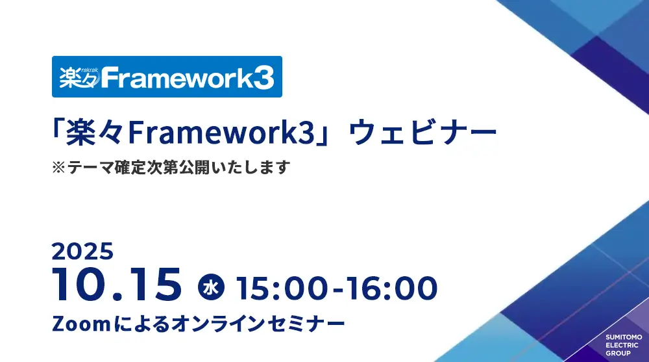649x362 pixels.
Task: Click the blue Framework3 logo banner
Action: pos(167,77)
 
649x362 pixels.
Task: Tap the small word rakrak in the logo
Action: pos(90,70)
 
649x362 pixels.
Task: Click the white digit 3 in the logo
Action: pos(263,78)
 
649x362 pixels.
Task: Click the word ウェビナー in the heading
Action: pos(422,133)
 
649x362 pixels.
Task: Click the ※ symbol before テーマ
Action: pos(58,168)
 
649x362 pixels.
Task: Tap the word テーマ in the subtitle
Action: pos(90,168)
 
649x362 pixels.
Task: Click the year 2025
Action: pos(82,252)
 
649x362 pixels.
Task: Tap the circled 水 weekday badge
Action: pos(211,287)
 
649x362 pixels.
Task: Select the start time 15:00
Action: pos(282,288)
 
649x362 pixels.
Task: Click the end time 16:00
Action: pos(391,288)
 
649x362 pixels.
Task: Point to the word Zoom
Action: pos(81,324)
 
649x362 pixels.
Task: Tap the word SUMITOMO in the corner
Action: pos(624,337)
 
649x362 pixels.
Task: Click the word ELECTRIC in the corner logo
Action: pos(622,345)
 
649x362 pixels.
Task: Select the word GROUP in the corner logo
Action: pos(618,354)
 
